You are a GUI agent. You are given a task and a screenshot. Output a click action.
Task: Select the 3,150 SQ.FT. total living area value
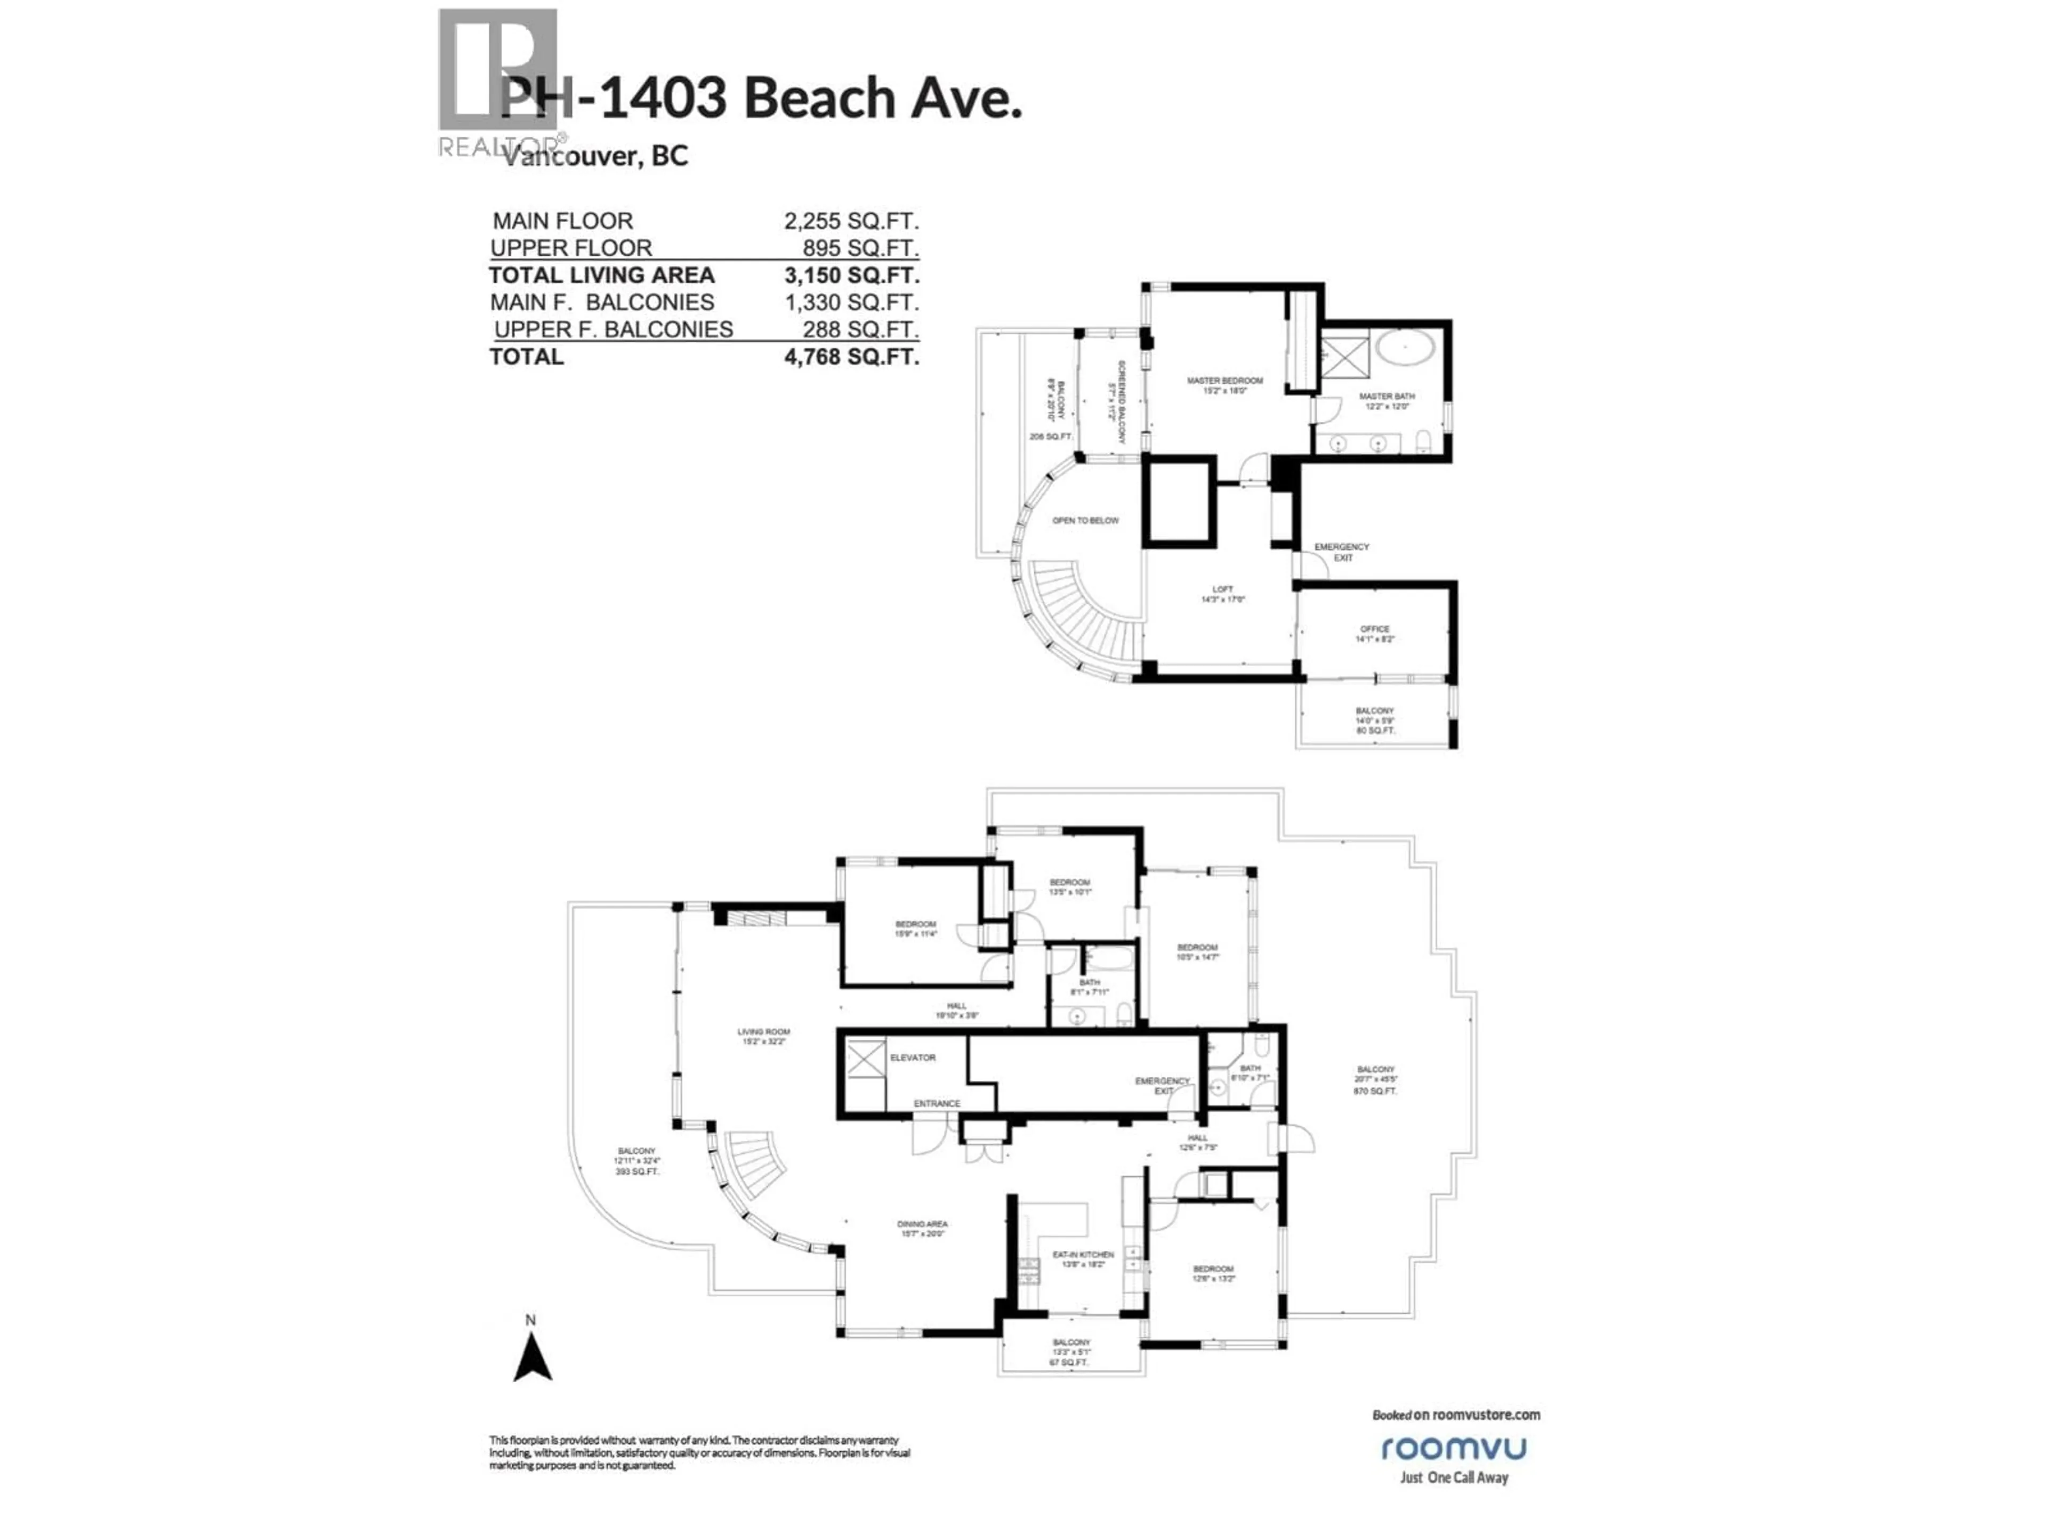[x=851, y=276]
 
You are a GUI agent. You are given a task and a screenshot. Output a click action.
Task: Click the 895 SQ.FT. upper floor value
[x=860, y=248]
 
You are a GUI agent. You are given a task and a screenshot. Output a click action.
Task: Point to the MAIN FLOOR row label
[x=562, y=221]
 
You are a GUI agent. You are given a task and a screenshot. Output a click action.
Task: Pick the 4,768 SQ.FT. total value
[x=851, y=357]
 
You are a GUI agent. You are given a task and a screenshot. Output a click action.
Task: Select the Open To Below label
[x=1085, y=521]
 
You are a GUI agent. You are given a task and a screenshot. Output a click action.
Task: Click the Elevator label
[x=913, y=1057]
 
